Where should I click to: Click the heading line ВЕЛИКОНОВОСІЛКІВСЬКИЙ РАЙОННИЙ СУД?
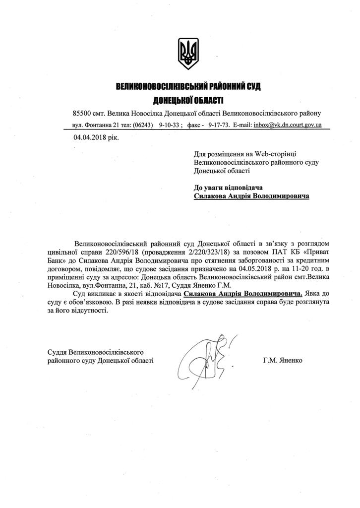point(188,87)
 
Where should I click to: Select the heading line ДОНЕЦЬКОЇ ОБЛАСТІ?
point(188,100)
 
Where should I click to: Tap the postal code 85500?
point(82,113)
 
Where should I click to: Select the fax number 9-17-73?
point(219,125)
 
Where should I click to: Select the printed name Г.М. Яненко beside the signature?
point(282,360)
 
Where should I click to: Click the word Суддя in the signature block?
point(57,352)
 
